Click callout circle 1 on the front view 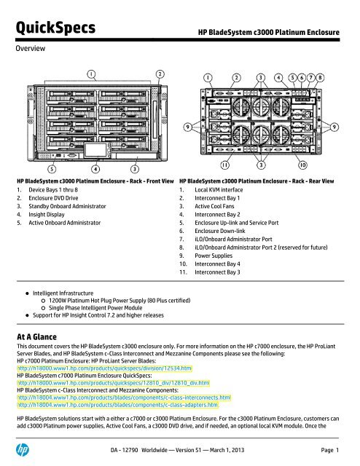point(90,74)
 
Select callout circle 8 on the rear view point(340,76)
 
